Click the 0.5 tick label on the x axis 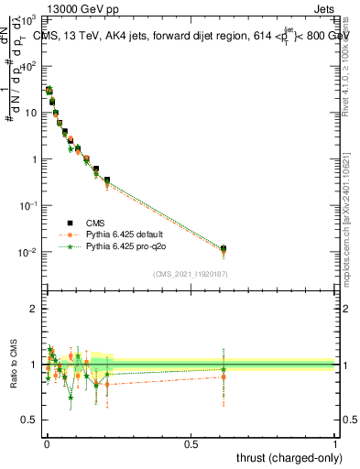(191, 442)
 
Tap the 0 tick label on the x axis (47, 442)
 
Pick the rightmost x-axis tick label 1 (335, 442)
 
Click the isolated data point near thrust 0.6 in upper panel (224, 248)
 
